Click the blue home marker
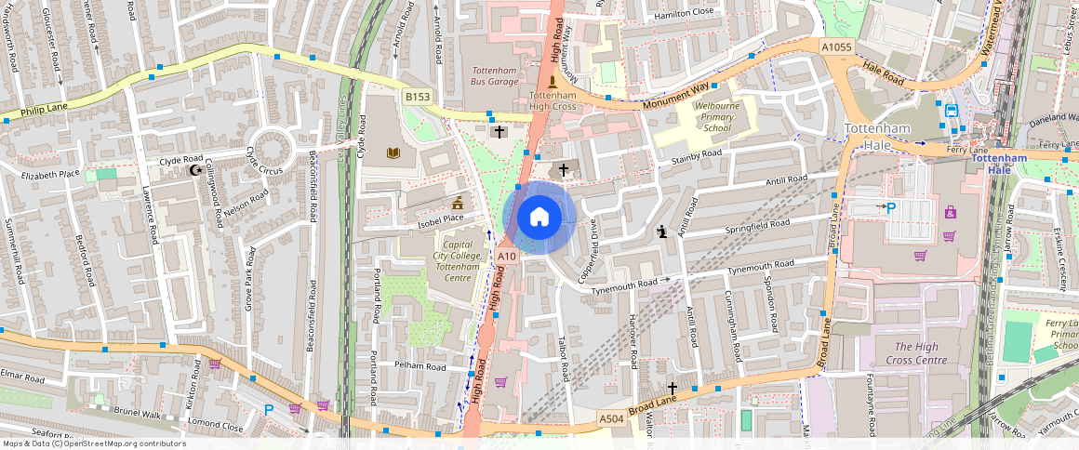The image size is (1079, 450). [539, 218]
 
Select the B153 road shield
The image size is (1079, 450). [416, 97]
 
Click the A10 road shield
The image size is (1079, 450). [506, 256]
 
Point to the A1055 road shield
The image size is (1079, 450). [836, 46]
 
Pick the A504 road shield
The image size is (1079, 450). [611, 419]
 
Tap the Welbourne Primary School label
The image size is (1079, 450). [716, 118]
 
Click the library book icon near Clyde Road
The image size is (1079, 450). [392, 152]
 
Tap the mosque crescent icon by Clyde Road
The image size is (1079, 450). [195, 170]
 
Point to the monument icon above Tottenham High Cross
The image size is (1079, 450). [552, 81]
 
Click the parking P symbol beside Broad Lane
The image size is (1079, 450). [891, 208]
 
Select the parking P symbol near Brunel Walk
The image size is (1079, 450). [269, 409]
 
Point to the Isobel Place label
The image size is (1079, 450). [441, 219]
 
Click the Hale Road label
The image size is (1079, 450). [884, 69]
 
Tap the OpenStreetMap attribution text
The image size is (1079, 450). [94, 443]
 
